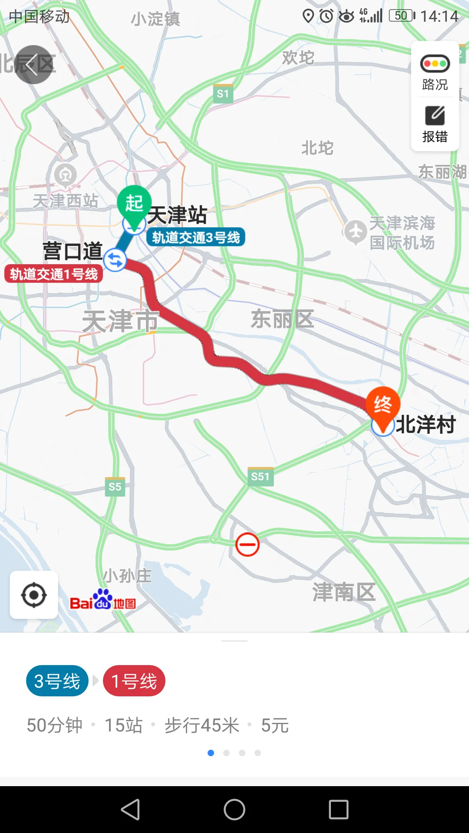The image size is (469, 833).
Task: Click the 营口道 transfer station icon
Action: point(115,260)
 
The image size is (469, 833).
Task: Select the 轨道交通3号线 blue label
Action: point(196,237)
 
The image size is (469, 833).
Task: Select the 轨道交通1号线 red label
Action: point(54,274)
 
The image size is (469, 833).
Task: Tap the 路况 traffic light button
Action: point(435,72)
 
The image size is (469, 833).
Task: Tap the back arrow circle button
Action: point(33,65)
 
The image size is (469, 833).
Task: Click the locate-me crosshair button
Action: point(34,595)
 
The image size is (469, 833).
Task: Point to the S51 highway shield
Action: point(261,476)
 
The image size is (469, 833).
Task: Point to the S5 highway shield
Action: point(115,487)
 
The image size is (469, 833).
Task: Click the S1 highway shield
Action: point(223,94)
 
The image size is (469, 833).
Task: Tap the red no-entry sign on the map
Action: point(248,544)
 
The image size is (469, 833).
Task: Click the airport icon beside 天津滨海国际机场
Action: point(356,232)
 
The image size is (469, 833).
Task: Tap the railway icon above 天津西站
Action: point(66,175)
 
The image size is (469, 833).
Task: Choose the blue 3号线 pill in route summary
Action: point(57,681)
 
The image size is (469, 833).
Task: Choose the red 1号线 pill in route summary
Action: point(134,681)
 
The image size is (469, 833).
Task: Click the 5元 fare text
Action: point(275,725)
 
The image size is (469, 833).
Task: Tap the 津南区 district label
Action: point(344,592)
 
